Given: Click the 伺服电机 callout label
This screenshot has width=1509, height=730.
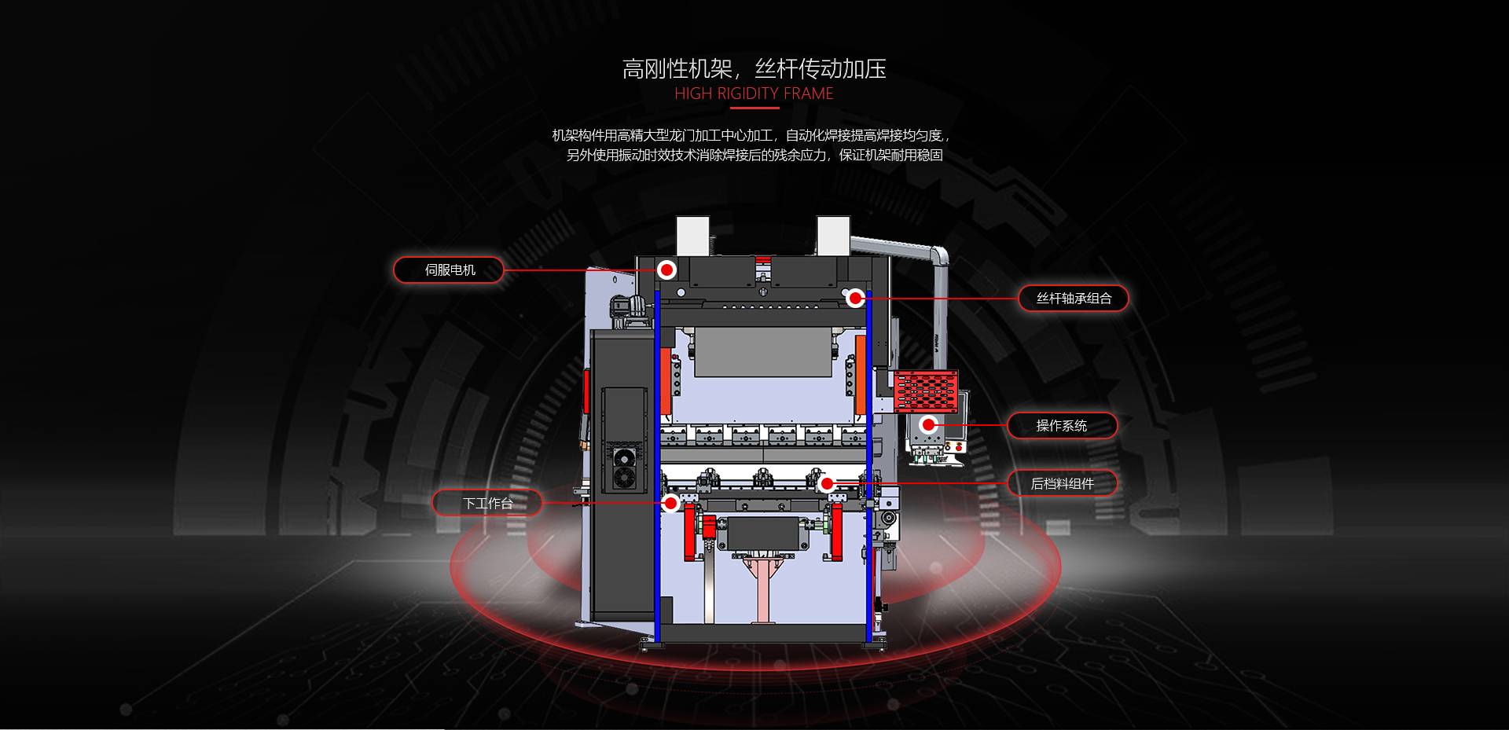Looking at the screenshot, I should coord(449,270).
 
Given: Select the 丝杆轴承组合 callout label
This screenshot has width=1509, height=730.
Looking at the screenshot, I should coord(1074,298).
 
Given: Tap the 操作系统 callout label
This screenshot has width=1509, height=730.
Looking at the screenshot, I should coord(1061,425).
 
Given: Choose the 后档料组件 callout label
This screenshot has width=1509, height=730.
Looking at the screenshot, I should coord(1062,483).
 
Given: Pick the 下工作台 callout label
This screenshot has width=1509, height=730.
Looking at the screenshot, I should coord(487,503).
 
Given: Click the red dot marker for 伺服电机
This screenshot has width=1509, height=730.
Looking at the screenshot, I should coord(666,270).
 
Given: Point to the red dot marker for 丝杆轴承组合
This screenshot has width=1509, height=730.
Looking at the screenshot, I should coord(856,298).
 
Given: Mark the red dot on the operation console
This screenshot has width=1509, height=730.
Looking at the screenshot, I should coord(929,425).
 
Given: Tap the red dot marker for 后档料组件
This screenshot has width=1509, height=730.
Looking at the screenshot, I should coord(826,483).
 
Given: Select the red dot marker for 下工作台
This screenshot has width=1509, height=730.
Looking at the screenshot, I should coord(670,503).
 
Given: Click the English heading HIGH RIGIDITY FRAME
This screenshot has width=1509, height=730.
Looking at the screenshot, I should coord(754,94).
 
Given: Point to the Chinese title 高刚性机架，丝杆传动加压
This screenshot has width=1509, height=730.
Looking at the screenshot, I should coord(754,69).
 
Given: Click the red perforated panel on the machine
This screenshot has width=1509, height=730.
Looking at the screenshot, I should coord(927,391).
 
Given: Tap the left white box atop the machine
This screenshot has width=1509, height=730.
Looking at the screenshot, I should coord(693,236).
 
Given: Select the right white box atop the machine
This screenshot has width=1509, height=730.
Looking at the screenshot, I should coord(833,236).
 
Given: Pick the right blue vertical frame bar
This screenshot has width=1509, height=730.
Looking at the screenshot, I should coord(869,471).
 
